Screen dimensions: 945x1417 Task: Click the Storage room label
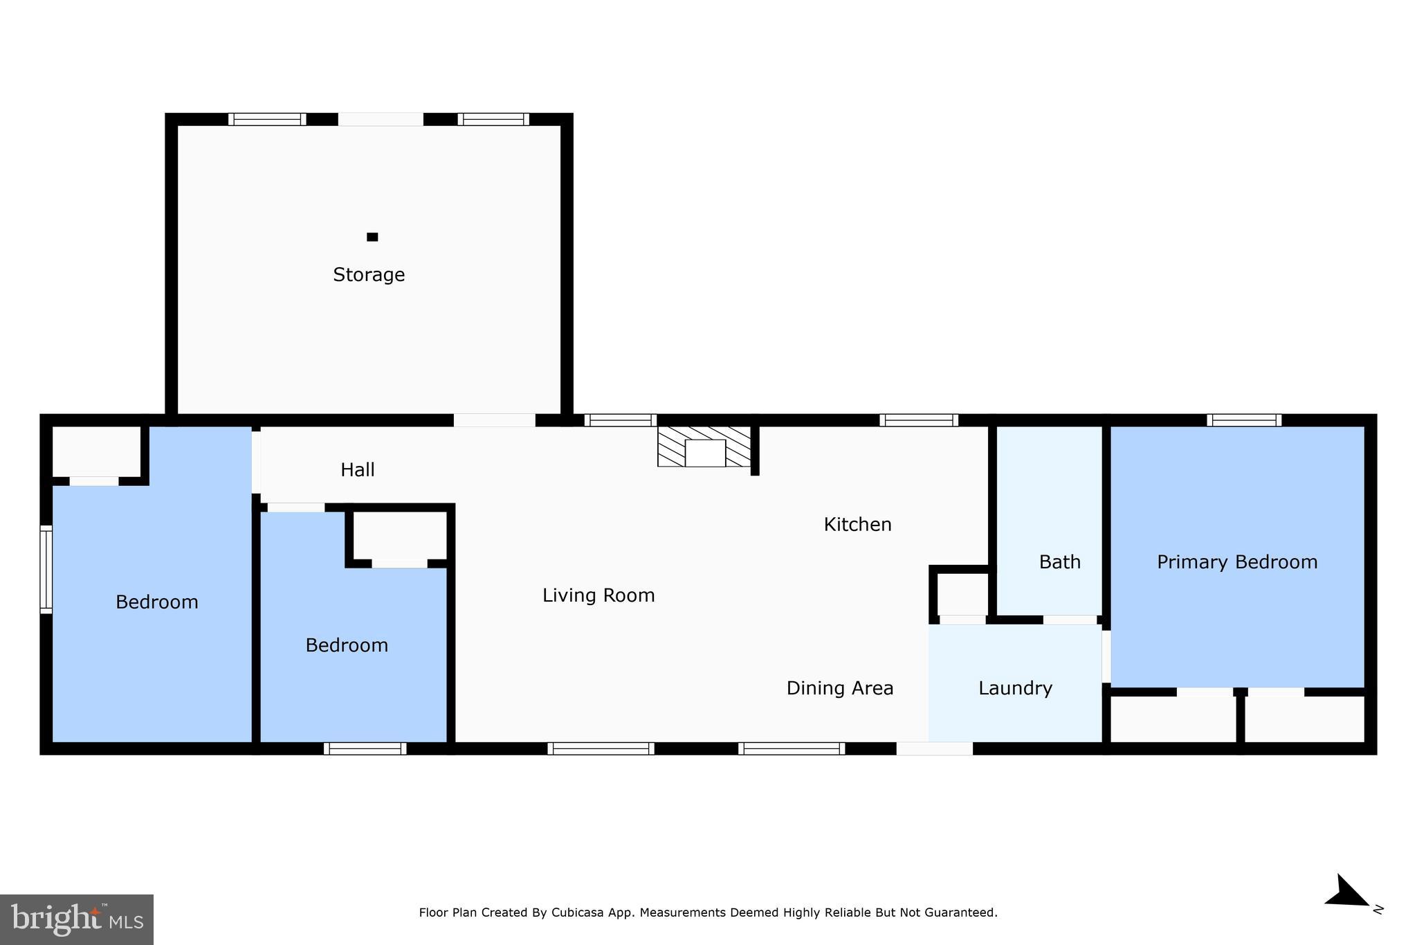point(369,275)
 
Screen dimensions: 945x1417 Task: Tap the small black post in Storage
point(372,237)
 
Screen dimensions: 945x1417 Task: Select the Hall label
point(358,470)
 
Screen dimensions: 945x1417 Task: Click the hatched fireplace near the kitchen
point(704,447)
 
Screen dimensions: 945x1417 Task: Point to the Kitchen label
point(857,525)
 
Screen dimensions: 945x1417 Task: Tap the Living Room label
point(598,595)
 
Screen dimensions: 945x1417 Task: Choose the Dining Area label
point(840,688)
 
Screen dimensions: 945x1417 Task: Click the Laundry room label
point(1015,688)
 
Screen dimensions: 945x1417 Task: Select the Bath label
point(1059,562)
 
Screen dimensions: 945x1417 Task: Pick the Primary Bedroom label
point(1237,562)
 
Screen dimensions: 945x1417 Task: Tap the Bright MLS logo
point(77,919)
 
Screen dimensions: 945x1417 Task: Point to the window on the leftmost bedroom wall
point(46,569)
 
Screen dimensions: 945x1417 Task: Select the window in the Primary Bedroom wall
point(1244,420)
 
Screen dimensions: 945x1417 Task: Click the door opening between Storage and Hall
point(494,420)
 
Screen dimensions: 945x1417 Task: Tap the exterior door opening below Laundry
point(934,748)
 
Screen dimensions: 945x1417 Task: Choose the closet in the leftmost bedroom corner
point(96,451)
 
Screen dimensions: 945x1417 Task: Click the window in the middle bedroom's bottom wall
point(365,748)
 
